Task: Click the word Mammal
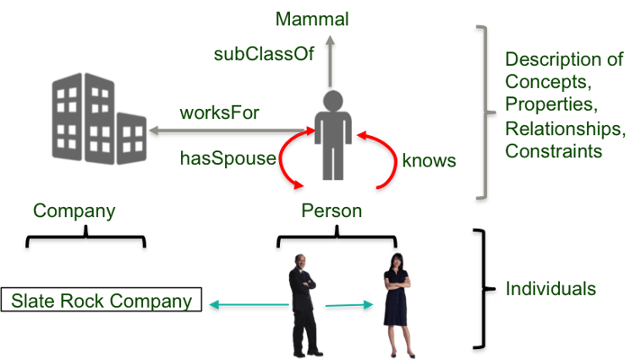[312, 19]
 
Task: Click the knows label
[429, 160]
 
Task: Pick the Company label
[75, 211]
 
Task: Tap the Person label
[332, 211]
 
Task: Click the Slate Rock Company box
[101, 301]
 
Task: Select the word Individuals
[551, 289]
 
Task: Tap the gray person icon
[332, 133]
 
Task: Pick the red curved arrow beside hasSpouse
[290, 162]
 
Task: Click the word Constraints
[553, 152]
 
